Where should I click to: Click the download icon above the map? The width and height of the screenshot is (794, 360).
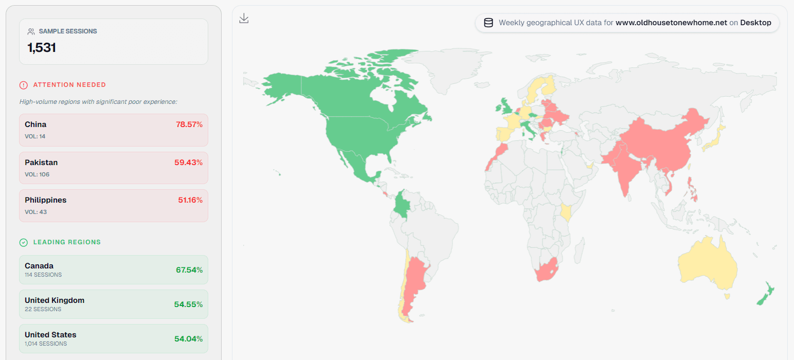pyautogui.click(x=244, y=19)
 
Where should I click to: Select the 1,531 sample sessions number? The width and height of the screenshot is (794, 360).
pyautogui.click(x=42, y=48)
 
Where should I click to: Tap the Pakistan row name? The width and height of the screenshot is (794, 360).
pyautogui.click(x=41, y=163)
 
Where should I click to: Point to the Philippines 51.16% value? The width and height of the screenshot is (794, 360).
pyautogui.click(x=190, y=200)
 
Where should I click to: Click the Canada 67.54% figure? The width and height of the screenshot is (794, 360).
pyautogui.click(x=189, y=269)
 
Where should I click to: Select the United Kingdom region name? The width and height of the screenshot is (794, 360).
pyautogui.click(x=55, y=300)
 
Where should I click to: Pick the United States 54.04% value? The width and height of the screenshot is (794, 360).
pyautogui.click(x=188, y=338)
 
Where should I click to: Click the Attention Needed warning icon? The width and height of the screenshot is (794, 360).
pyautogui.click(x=24, y=85)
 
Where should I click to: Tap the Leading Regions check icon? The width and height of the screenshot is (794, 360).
pyautogui.click(x=24, y=242)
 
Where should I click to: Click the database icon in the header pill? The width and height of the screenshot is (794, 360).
pyautogui.click(x=489, y=23)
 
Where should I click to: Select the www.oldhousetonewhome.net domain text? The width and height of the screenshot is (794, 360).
pyautogui.click(x=671, y=23)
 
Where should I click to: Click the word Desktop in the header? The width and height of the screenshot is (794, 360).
pyautogui.click(x=755, y=23)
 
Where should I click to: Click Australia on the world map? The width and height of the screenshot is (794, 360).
pyautogui.click(x=707, y=262)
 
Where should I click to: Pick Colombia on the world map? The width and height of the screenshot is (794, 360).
pyautogui.click(x=402, y=206)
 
